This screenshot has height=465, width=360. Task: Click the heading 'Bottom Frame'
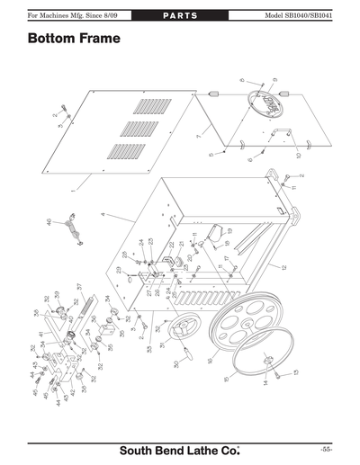click(x=73, y=40)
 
